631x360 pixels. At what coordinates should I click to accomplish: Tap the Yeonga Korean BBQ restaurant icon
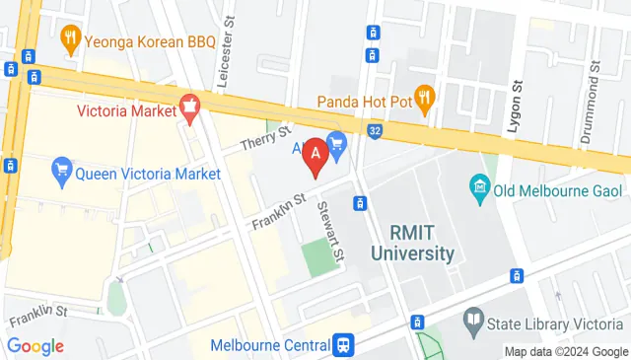70,40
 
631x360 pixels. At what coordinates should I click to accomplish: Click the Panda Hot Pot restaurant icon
425,97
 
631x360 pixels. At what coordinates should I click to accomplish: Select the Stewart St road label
330,233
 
